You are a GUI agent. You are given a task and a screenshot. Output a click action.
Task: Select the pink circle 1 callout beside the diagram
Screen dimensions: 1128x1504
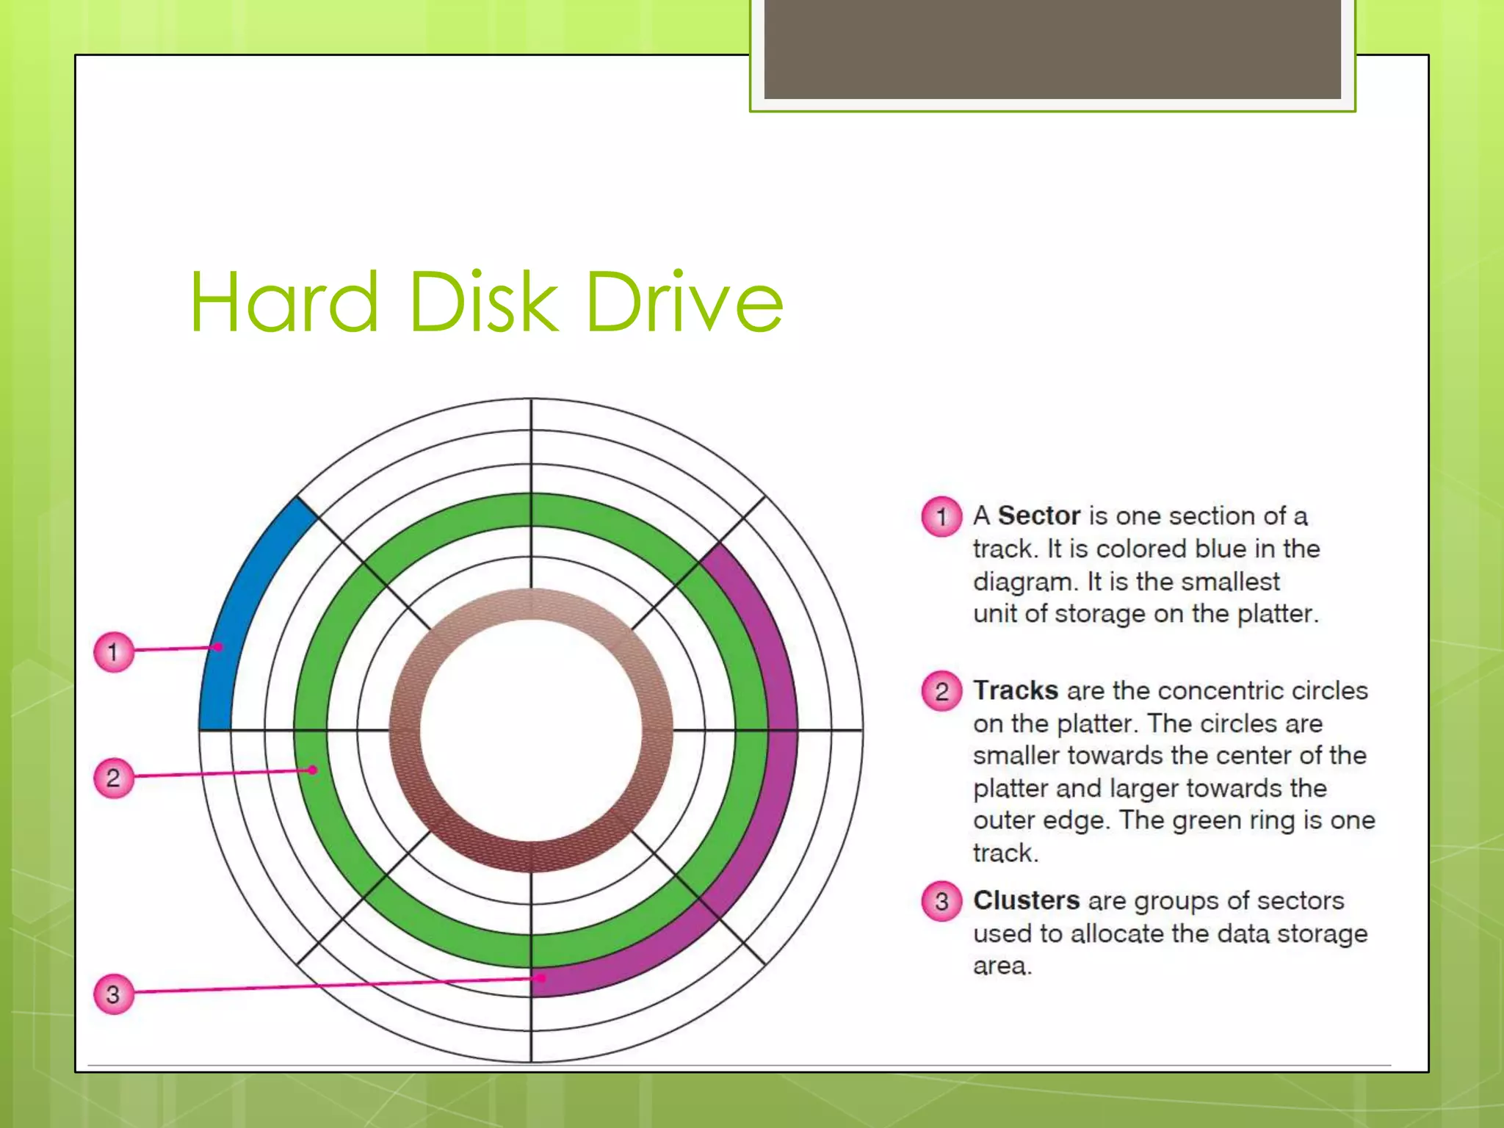pos(114,651)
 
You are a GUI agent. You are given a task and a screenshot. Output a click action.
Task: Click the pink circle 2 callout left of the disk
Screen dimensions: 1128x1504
pos(114,778)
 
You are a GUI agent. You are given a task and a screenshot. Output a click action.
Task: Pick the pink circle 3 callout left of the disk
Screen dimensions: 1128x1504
pos(114,994)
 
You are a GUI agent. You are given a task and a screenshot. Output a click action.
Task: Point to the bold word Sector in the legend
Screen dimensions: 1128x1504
pos(1038,516)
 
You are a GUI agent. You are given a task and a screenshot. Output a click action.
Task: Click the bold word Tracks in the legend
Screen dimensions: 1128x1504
pos(1015,691)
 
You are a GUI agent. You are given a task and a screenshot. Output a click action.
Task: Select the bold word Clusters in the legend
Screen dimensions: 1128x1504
pos(1026,901)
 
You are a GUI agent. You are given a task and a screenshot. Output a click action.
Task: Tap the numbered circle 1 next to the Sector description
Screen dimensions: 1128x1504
pos(941,517)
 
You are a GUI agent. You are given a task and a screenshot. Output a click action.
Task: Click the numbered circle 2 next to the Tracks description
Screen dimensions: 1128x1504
pos(941,691)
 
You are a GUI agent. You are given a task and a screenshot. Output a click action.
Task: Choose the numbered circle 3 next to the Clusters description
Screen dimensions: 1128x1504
pos(941,902)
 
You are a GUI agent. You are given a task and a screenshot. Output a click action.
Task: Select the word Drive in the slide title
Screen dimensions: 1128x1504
pos(684,302)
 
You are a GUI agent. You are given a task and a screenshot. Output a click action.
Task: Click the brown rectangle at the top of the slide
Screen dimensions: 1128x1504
pos(1052,48)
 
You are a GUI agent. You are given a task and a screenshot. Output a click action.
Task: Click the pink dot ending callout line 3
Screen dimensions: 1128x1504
pos(541,978)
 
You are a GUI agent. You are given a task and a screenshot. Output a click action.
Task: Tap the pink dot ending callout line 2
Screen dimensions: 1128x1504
pos(313,770)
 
